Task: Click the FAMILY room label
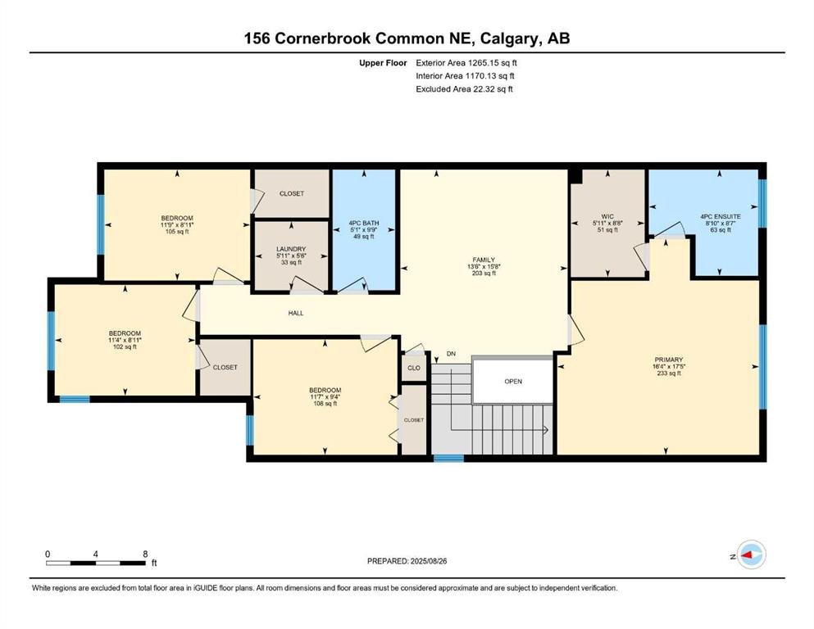(484, 260)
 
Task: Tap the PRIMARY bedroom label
(669, 360)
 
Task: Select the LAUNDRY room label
(291, 249)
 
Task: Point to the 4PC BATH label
(363, 223)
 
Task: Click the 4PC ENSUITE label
(721, 216)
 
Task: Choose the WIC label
(607, 216)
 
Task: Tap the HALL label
(296, 313)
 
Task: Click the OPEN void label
(513, 381)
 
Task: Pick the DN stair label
(451, 354)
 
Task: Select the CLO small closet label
(414, 368)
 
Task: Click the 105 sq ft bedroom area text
(177, 232)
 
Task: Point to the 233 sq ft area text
(669, 373)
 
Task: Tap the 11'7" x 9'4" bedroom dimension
(325, 396)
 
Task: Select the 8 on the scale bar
(145, 554)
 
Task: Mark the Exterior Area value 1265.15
(484, 63)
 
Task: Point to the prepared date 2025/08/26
(428, 561)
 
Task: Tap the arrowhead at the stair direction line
(546, 430)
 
